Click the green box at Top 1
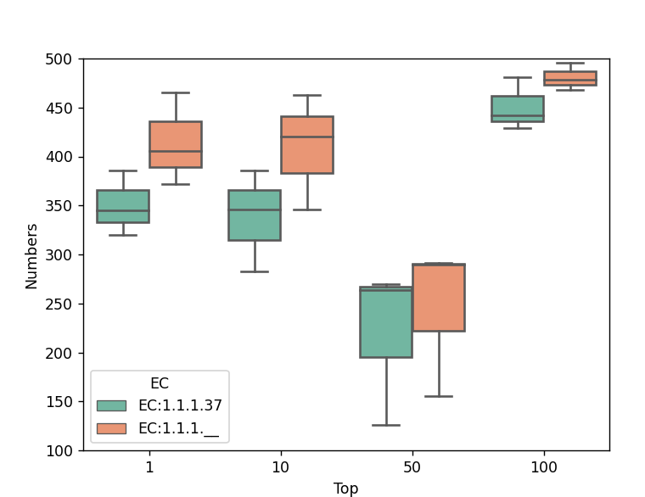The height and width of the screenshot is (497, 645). pyautogui.click(x=123, y=206)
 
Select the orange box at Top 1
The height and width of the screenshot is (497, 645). pyautogui.click(x=176, y=144)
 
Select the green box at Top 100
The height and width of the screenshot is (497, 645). pyautogui.click(x=518, y=109)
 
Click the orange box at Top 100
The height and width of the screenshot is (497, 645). pyautogui.click(x=570, y=78)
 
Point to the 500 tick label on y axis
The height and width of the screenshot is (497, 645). pyautogui.click(x=64, y=59)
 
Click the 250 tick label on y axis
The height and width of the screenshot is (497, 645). pyautogui.click(x=64, y=304)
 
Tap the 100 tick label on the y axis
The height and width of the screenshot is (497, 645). pyautogui.click(x=64, y=451)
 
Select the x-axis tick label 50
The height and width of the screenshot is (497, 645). pyautogui.click(x=412, y=467)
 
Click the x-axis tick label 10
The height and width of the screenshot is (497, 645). pyautogui.click(x=281, y=467)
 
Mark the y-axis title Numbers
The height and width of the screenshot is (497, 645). pyautogui.click(x=31, y=255)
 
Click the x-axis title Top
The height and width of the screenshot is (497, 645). pyautogui.click(x=345, y=489)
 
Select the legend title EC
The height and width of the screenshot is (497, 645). pyautogui.click(x=160, y=383)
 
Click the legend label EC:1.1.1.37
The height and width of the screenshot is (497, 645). pyautogui.click(x=180, y=405)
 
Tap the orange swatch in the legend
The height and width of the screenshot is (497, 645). pyautogui.click(x=111, y=428)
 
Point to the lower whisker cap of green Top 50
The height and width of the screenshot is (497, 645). pyautogui.click(x=386, y=425)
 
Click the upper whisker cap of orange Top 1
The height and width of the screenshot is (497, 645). pyautogui.click(x=176, y=92)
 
